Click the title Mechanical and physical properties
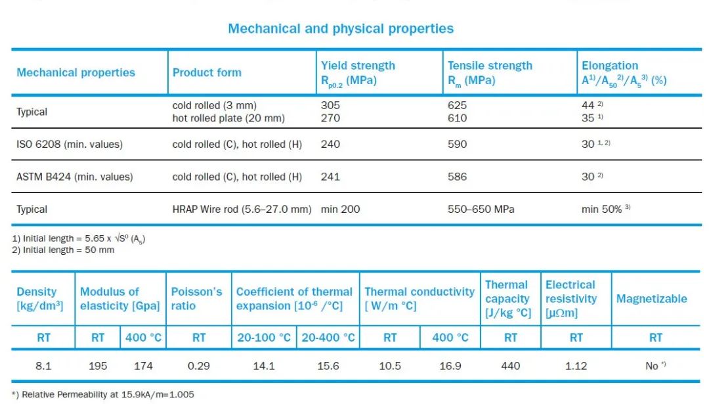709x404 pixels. (340, 29)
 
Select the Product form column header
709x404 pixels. (207, 72)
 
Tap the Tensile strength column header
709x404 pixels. (490, 73)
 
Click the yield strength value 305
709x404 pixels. (330, 105)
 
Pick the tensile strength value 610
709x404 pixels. (457, 118)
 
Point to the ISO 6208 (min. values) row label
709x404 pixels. (70, 144)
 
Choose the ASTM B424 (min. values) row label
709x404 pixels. (74, 177)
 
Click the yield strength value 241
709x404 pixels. (330, 177)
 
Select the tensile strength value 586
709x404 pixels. (457, 177)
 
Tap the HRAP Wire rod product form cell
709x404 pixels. (242, 210)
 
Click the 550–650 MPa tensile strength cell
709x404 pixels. (481, 210)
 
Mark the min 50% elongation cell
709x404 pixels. (606, 210)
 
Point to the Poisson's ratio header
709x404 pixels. (197, 298)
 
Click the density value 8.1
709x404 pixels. (43, 366)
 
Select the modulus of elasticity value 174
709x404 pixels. (144, 366)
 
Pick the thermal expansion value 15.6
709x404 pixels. (328, 366)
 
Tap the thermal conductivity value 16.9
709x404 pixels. (450, 366)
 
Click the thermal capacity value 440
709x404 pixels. (510, 366)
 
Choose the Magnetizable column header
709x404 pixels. (651, 299)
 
